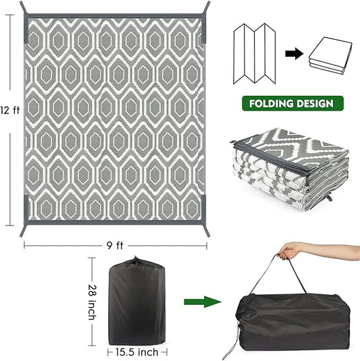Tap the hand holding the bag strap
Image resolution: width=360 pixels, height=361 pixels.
pos(292,251)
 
